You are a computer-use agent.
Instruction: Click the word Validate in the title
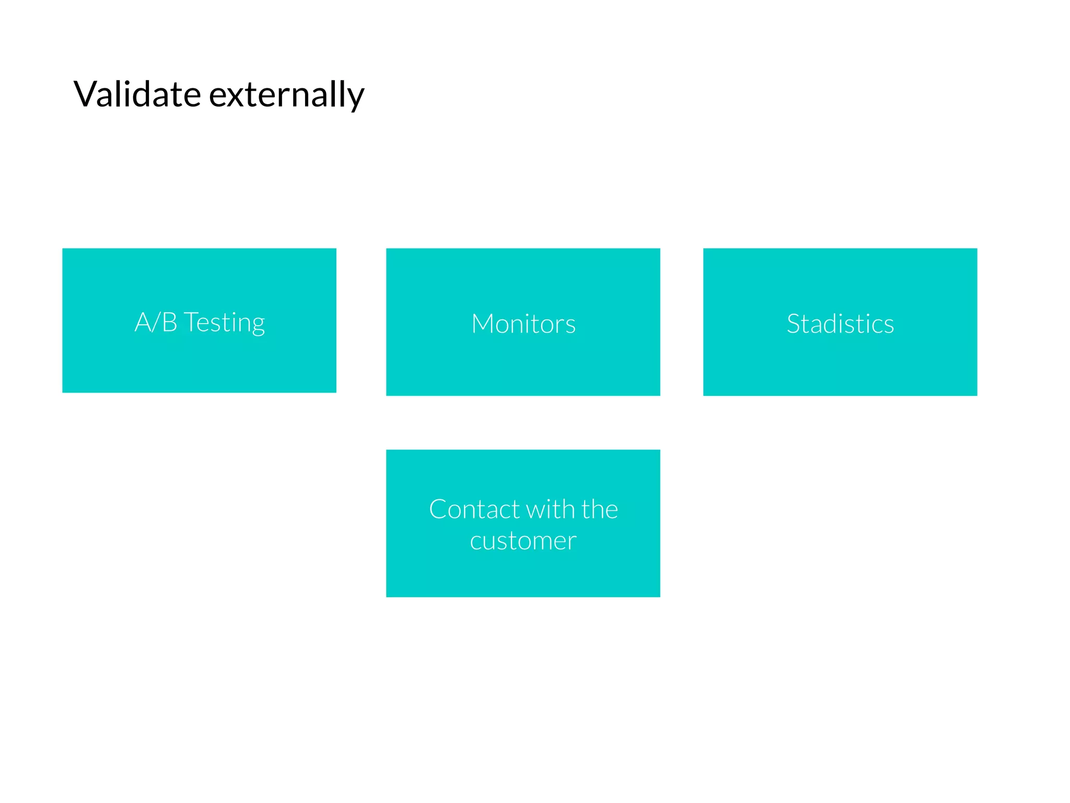pos(137,95)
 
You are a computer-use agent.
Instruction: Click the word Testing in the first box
pos(225,323)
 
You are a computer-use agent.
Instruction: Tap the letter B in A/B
pos(169,322)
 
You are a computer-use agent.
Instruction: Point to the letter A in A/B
pos(143,322)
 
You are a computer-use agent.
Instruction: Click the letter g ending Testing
pos(258,326)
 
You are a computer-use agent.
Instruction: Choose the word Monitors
pos(523,324)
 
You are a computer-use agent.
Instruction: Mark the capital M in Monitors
pos(483,324)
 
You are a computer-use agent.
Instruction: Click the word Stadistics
pos(840,324)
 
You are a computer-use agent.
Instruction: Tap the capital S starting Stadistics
pos(794,324)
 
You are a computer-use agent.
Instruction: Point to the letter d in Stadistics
pos(834,324)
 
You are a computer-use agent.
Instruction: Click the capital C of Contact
pos(438,510)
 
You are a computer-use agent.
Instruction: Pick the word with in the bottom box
pos(550,509)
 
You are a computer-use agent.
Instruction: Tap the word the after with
pos(600,509)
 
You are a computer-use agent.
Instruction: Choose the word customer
pos(523,541)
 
